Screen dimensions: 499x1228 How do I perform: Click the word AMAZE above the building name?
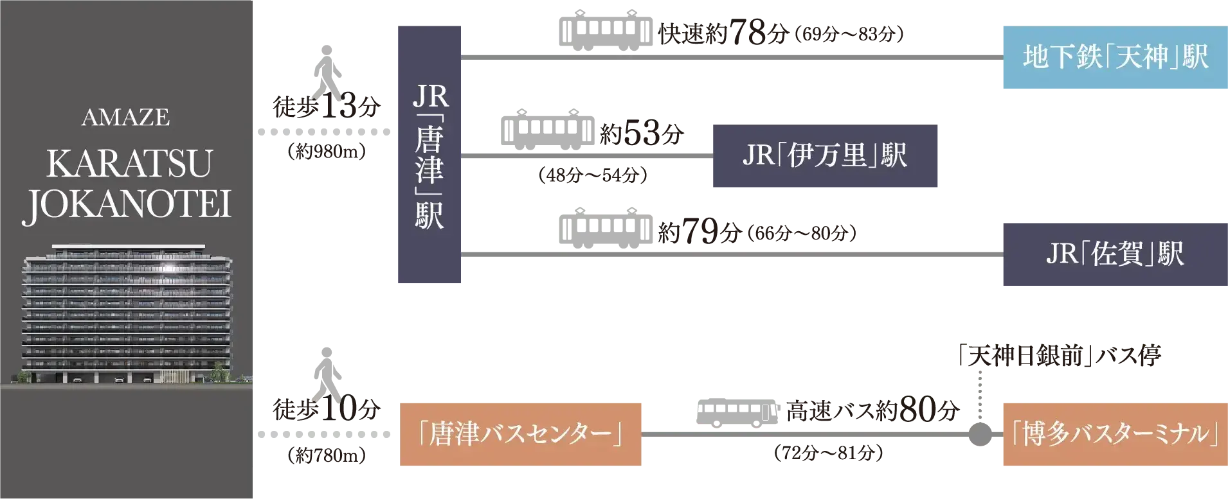pos(126,118)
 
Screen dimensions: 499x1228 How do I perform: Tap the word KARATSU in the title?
pos(129,164)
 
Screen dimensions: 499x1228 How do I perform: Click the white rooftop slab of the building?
pos(127,246)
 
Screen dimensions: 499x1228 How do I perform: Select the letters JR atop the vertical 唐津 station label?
pos(430,97)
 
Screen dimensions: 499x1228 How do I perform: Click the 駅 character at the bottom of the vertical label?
pos(429,216)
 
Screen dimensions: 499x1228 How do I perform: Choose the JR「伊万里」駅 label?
pos(824,155)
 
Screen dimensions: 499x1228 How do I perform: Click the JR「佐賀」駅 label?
pos(1114,254)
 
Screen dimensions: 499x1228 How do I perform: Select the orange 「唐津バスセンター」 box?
pos(518,434)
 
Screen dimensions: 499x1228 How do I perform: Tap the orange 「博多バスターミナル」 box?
pos(1114,434)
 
